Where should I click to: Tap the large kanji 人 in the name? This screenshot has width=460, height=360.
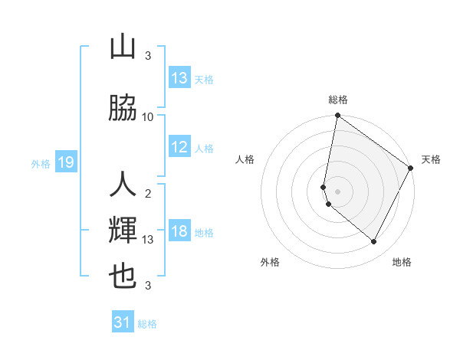click(x=123, y=185)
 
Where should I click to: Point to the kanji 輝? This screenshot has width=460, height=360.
click(x=123, y=230)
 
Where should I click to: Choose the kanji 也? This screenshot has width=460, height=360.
click(x=123, y=276)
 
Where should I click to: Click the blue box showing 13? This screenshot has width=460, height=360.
click(x=179, y=78)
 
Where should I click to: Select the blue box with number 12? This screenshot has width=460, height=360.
click(x=179, y=148)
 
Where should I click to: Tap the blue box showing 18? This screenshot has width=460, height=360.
click(x=179, y=232)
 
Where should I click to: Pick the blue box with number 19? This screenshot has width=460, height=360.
click(x=66, y=162)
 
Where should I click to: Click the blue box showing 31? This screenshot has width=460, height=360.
click(x=123, y=322)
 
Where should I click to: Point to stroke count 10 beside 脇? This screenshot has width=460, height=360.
click(x=148, y=116)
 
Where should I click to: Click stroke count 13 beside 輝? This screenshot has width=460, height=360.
click(x=148, y=240)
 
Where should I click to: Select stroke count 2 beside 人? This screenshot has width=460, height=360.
click(x=148, y=193)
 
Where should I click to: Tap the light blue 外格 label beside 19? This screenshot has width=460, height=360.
click(x=41, y=163)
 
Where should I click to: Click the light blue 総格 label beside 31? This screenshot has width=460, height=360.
click(x=147, y=324)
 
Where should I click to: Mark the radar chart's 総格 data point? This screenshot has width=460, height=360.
click(x=337, y=116)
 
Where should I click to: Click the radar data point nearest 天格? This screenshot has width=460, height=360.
click(x=412, y=169)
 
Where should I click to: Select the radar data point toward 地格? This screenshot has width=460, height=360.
click(x=374, y=242)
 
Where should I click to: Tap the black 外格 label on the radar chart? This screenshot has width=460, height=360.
click(x=270, y=262)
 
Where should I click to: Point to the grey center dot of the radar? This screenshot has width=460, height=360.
click(x=337, y=191)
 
